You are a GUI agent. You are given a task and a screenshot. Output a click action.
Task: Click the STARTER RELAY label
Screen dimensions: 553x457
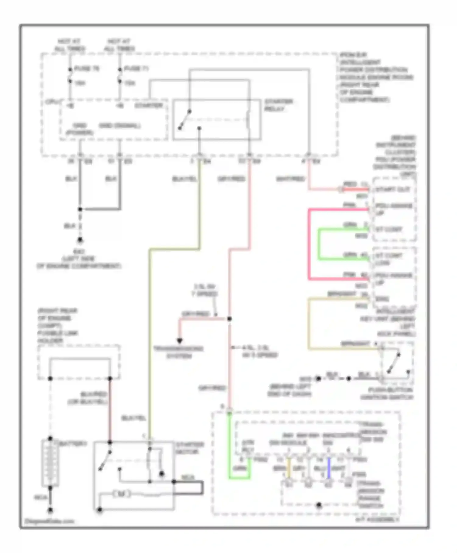[x=278, y=105]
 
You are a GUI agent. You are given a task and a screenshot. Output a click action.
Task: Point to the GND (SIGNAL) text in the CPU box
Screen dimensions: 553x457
[x=120, y=126]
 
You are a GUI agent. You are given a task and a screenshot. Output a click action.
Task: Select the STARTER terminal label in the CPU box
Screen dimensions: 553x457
[x=149, y=105]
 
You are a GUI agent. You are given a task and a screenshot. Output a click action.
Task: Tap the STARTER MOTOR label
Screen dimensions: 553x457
[x=189, y=448]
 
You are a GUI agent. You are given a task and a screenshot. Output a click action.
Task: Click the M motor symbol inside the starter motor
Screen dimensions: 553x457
[x=121, y=494]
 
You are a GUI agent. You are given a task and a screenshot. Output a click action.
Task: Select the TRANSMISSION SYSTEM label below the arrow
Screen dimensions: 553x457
[x=179, y=352]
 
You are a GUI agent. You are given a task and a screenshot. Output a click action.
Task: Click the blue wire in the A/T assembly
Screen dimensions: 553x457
[x=329, y=469]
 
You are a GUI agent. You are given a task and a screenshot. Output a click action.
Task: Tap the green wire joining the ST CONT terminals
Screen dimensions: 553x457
[x=319, y=244]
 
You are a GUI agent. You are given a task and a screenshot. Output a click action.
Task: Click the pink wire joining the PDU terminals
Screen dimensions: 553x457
[x=309, y=244]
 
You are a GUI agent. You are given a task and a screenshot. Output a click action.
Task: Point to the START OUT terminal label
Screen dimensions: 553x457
[x=392, y=189]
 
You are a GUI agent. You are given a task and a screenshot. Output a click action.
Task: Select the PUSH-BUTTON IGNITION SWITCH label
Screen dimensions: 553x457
[x=387, y=394]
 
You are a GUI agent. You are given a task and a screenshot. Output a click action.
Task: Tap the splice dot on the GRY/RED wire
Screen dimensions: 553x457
[x=229, y=319]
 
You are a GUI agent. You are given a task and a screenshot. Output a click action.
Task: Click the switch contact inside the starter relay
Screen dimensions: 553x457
[x=185, y=120]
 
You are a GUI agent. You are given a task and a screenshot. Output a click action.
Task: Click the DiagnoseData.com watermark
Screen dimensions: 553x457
[x=49, y=521]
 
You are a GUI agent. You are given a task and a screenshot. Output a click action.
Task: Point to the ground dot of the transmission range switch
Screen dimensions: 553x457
[x=319, y=505]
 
